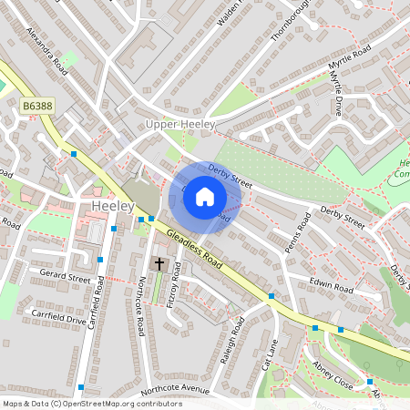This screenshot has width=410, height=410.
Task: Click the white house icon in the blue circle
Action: tap(205, 196)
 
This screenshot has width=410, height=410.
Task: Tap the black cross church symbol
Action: tap(159, 264)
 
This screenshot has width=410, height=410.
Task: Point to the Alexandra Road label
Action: tap(48, 54)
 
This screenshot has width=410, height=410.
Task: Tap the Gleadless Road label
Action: tap(194, 243)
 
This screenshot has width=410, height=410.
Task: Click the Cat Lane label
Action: tap(269, 354)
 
